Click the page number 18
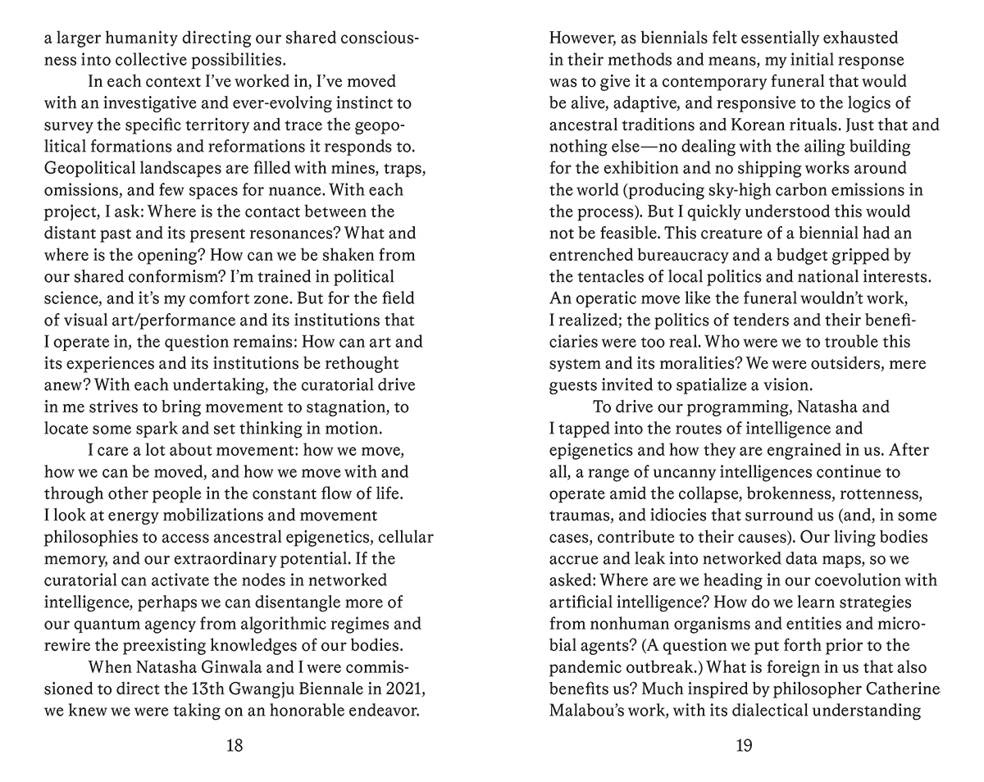click(x=234, y=745)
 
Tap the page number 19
click(x=744, y=745)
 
